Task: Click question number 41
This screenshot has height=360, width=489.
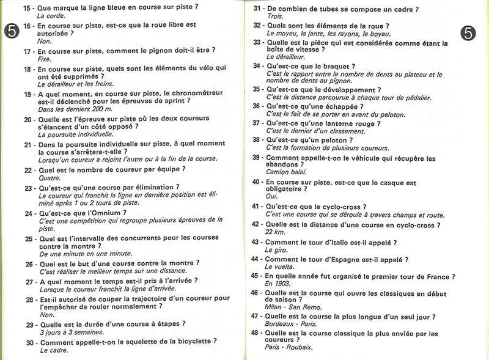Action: click(256, 207)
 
